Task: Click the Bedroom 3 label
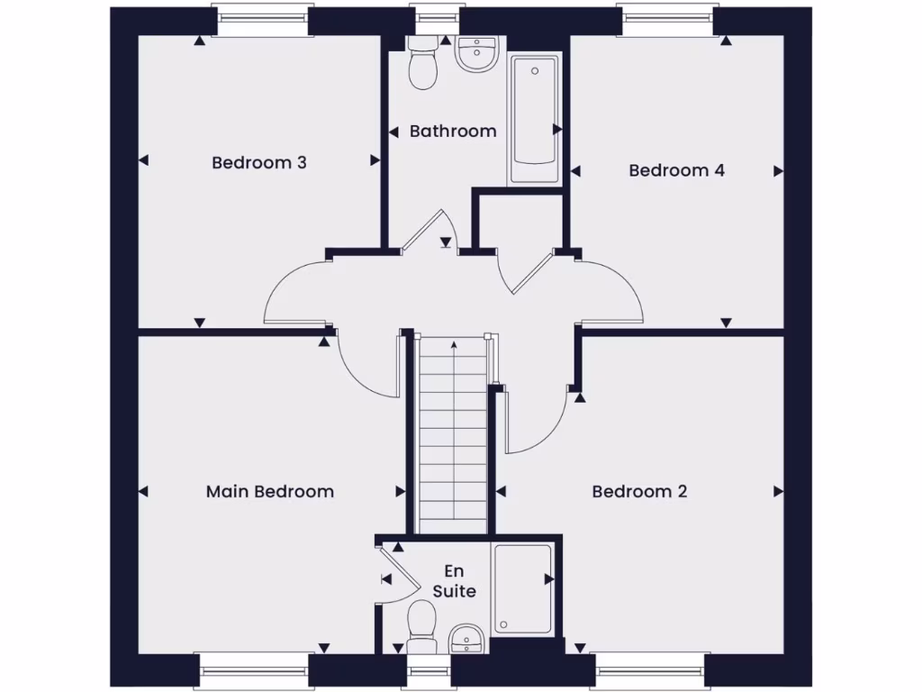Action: (259, 163)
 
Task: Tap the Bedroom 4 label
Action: (676, 170)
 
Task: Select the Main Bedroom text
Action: (269, 491)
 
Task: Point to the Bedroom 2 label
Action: (639, 491)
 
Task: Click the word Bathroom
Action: (453, 132)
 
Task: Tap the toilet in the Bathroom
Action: (421, 65)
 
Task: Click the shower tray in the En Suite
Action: (522, 587)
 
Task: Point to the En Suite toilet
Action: (420, 625)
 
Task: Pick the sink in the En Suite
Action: (466, 639)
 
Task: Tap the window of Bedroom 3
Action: (263, 20)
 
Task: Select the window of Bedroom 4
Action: (667, 20)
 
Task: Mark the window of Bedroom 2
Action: (649, 671)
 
